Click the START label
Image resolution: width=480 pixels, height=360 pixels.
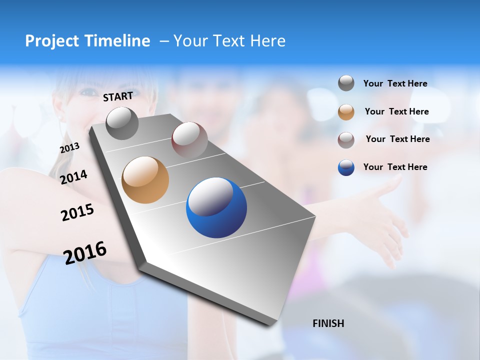(118, 96)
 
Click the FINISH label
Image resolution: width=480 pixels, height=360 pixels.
(328, 323)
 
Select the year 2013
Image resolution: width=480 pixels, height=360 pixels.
(69, 148)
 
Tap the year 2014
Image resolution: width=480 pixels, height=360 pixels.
(73, 177)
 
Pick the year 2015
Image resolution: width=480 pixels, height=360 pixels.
(77, 212)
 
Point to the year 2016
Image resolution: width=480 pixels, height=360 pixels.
(85, 252)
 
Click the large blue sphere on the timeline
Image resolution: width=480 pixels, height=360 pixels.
(216, 207)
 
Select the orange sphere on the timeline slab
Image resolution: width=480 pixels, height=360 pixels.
(145, 180)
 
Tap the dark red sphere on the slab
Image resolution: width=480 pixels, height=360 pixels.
(189, 139)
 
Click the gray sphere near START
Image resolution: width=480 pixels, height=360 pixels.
(122, 123)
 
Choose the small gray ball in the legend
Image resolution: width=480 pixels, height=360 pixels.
(346, 83)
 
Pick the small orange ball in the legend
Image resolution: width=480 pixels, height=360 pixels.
(346, 112)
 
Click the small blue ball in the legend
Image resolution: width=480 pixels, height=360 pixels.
(346, 167)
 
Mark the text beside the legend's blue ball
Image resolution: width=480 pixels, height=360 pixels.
(395, 167)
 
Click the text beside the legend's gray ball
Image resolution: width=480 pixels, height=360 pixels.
(395, 83)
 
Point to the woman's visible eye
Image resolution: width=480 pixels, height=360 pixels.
(88, 92)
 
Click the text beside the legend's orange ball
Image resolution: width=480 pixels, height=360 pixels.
(396, 111)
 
